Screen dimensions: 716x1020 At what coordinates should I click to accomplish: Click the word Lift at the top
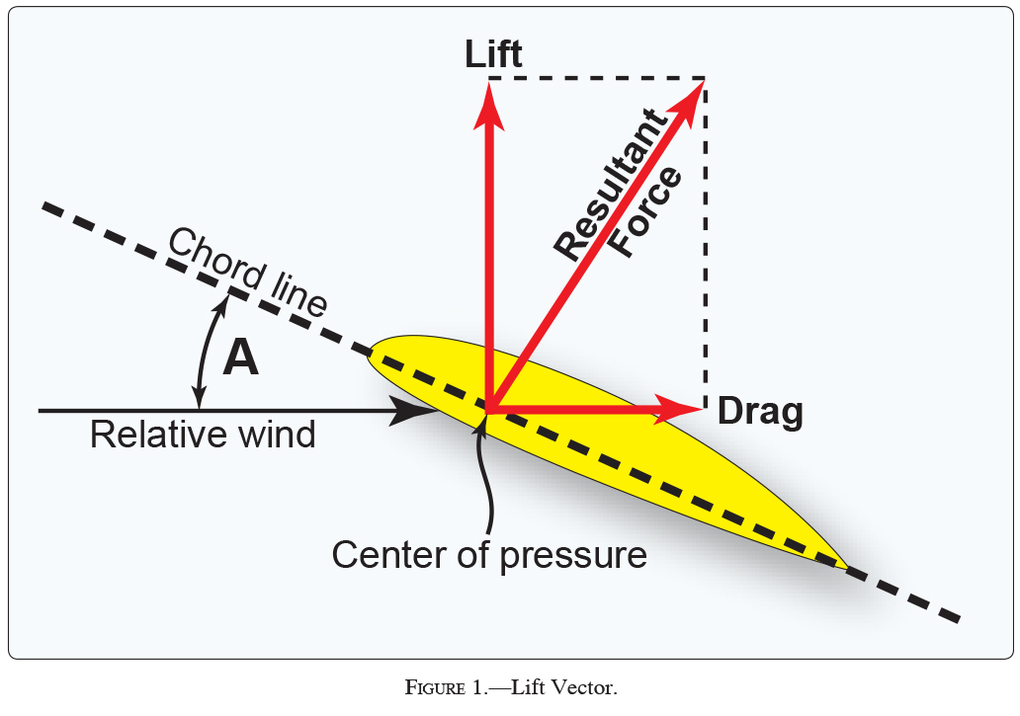[x=493, y=54]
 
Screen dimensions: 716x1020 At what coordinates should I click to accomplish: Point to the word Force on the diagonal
[x=646, y=212]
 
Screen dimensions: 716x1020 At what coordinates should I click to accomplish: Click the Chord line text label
[x=247, y=272]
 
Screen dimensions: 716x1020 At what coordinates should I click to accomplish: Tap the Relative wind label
[x=203, y=435]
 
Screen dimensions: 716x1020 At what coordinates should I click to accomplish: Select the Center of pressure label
[x=489, y=554]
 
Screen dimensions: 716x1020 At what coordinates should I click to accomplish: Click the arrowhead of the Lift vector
[x=487, y=103]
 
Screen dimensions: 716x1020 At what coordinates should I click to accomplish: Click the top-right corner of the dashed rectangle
[x=704, y=77]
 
